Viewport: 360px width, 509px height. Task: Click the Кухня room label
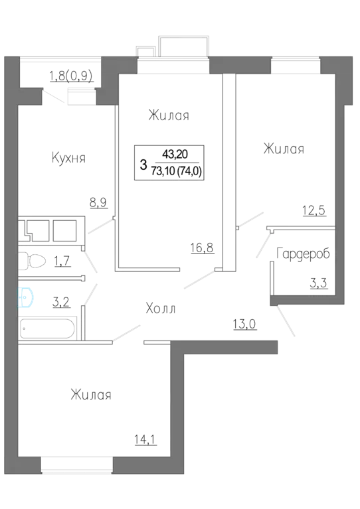click(x=68, y=158)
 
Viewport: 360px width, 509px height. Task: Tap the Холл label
click(x=161, y=309)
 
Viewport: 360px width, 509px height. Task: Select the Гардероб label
click(x=303, y=254)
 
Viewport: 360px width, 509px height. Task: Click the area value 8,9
click(x=98, y=203)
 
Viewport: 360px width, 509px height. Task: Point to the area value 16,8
click(x=202, y=248)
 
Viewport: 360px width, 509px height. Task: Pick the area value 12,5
click(x=314, y=210)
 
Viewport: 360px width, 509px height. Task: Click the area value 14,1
click(x=145, y=439)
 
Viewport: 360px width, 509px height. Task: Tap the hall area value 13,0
click(x=244, y=324)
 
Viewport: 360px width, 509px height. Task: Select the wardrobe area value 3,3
click(x=318, y=283)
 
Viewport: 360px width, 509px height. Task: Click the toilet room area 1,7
click(x=62, y=261)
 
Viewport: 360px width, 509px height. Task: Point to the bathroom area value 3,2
click(x=61, y=302)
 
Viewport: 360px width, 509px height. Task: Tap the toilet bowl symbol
click(x=31, y=261)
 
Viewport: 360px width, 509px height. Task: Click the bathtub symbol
click(x=48, y=328)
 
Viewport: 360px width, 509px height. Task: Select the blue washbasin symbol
click(x=26, y=297)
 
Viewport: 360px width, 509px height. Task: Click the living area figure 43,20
click(x=175, y=154)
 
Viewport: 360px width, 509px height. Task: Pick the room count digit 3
click(x=143, y=165)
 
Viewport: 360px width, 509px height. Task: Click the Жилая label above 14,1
click(x=91, y=395)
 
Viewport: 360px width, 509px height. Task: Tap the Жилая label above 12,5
click(x=284, y=149)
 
